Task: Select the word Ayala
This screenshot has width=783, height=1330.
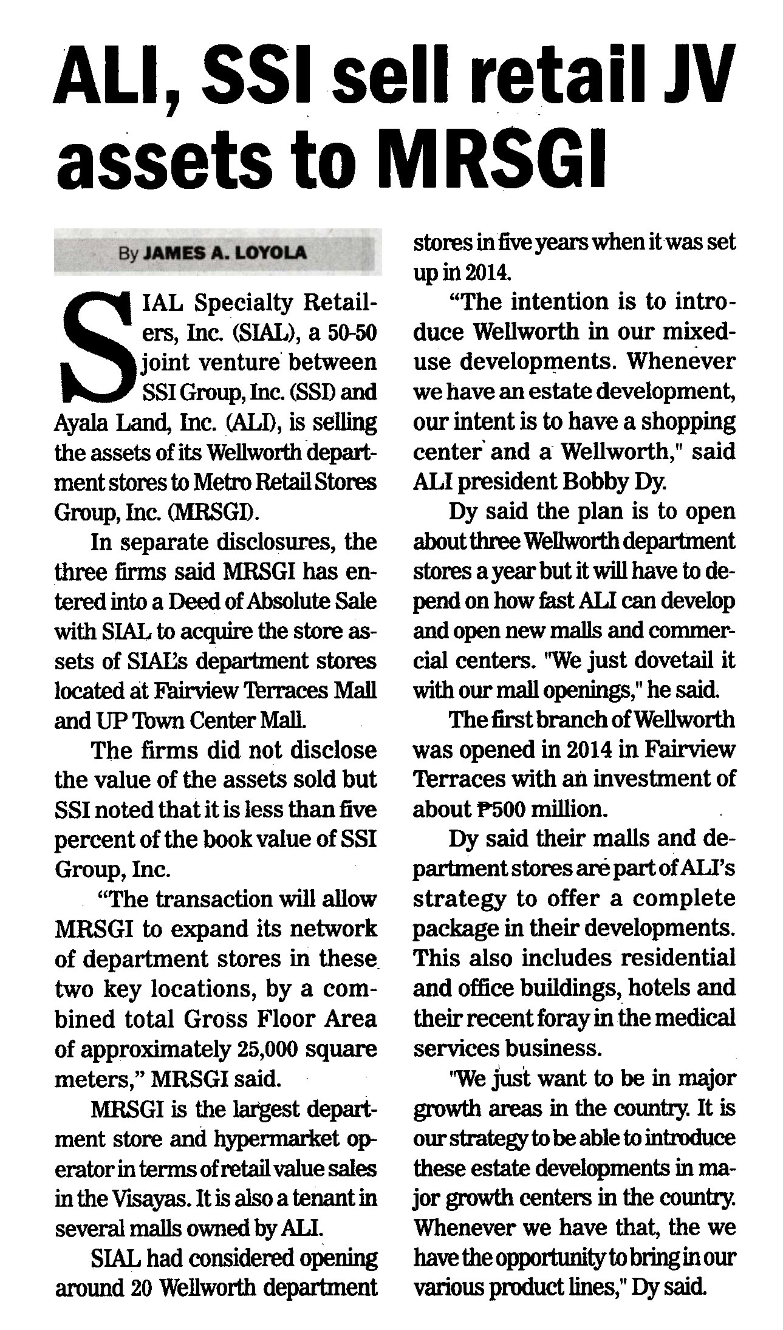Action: click(78, 422)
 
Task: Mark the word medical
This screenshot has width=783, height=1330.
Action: click(692, 1018)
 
